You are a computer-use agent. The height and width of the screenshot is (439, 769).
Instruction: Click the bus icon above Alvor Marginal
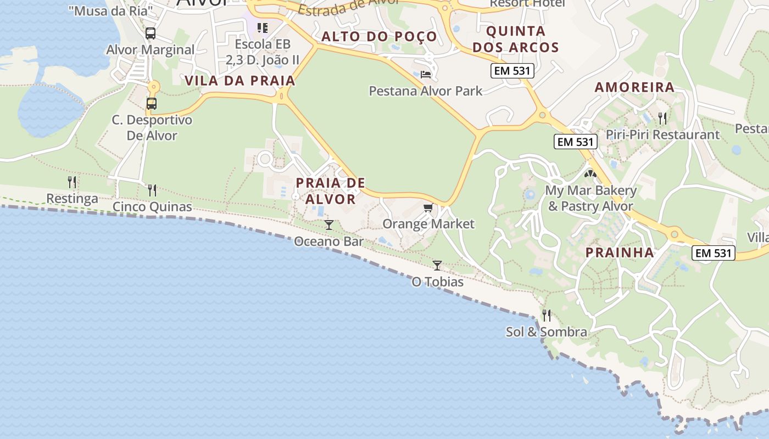(x=151, y=33)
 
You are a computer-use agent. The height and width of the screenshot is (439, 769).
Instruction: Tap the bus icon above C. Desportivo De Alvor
(x=151, y=103)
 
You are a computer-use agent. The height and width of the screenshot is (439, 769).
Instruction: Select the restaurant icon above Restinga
(x=72, y=182)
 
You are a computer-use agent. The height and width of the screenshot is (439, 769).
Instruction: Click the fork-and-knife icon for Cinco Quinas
(x=152, y=190)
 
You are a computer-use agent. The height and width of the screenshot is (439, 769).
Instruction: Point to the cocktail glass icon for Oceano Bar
(x=328, y=224)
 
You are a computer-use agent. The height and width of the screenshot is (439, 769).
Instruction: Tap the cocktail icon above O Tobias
(x=437, y=266)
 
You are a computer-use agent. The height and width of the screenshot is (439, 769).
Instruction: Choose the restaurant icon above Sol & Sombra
(x=547, y=315)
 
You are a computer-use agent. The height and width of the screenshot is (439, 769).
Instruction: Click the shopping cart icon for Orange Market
(x=428, y=207)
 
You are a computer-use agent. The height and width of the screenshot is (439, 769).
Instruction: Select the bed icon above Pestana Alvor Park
(x=426, y=74)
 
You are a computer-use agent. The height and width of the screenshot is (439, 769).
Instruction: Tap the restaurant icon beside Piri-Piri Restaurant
(x=662, y=118)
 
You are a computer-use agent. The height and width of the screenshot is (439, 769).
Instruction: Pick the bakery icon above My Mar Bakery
(x=590, y=174)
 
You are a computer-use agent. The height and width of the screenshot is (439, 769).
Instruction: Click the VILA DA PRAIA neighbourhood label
(x=240, y=81)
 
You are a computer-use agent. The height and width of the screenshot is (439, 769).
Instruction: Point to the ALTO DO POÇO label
(x=379, y=37)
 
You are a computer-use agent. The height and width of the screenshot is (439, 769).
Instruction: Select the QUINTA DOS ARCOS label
(x=516, y=39)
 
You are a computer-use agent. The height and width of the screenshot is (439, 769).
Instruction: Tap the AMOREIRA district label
(x=634, y=87)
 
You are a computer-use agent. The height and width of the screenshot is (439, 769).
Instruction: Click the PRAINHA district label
(x=620, y=252)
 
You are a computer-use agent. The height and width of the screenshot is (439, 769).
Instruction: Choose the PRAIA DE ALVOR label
(x=331, y=190)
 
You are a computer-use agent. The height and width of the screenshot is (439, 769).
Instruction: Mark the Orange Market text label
(x=428, y=224)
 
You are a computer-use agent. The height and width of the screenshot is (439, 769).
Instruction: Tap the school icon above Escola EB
(x=263, y=27)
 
